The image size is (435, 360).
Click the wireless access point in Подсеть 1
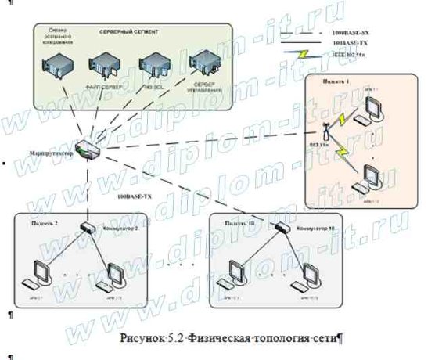tap(342, 125)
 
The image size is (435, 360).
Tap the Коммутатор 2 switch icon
tap(88, 226)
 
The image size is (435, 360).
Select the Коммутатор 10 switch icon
tap(279, 226)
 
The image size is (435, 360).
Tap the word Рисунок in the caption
tap(142, 340)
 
